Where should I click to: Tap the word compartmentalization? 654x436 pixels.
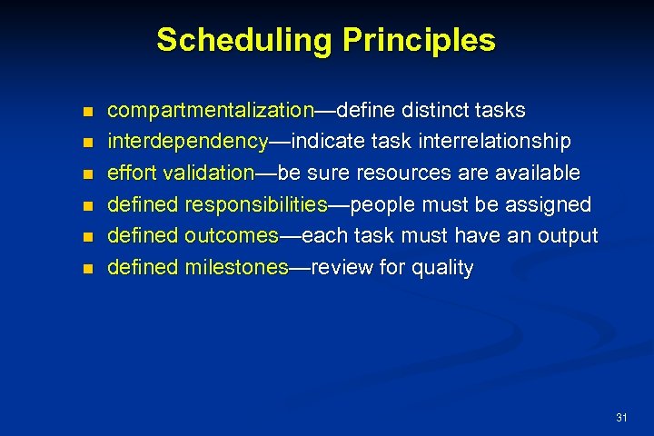210,111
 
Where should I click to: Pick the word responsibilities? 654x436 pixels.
255,204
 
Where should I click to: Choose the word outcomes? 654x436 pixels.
232,236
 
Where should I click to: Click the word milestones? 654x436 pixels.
236,268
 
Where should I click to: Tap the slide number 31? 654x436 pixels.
621,418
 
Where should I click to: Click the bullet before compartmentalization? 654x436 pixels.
87,112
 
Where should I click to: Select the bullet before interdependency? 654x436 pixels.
87,144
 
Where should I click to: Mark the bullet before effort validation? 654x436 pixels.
87,174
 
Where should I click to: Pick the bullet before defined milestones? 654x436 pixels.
87,269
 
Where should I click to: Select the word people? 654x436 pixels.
382,204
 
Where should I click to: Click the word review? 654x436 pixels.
340,268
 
